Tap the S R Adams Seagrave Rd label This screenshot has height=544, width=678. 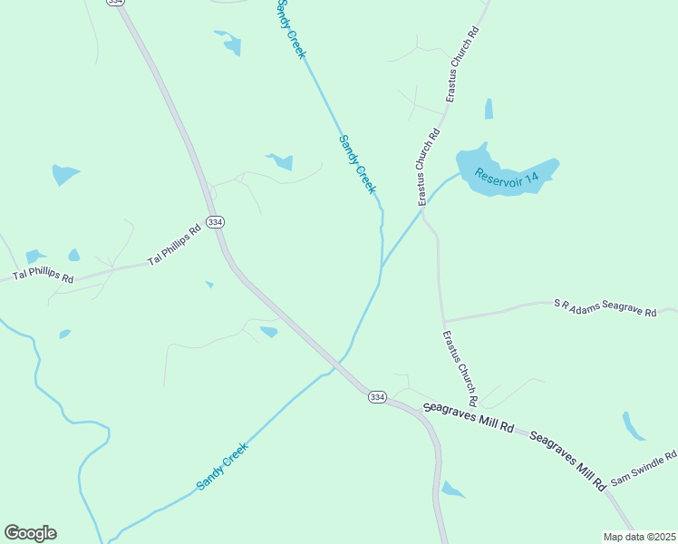coord(605,306)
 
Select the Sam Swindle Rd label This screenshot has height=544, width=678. coord(644,467)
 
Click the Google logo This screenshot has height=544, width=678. coord(30,533)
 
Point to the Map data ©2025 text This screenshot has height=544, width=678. coord(639,537)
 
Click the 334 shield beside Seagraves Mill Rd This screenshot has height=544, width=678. coord(377,397)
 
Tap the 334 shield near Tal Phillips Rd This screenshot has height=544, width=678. coord(215,222)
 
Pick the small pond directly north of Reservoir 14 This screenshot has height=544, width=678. coord(489,110)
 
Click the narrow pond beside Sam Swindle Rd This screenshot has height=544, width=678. coord(633,425)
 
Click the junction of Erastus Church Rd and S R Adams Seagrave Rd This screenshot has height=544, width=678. coord(443,321)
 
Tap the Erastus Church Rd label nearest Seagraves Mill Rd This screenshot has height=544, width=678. coord(460,368)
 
